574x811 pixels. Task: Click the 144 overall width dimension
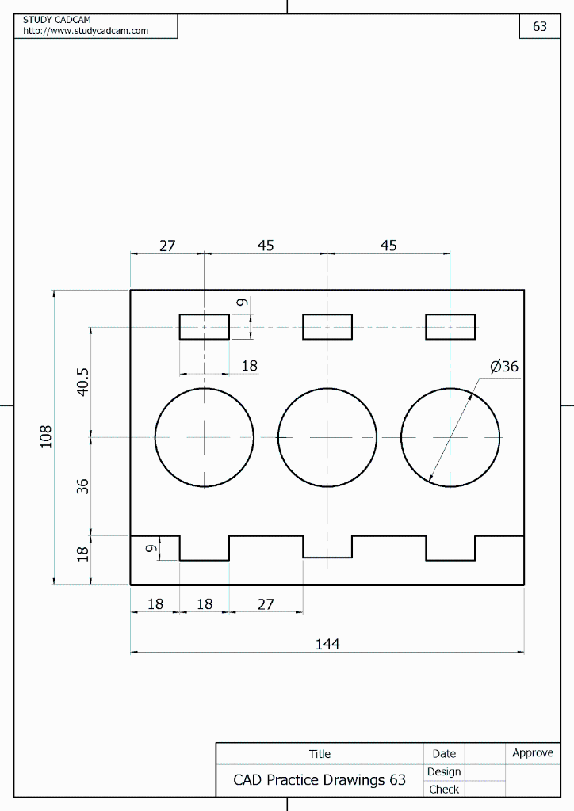pyautogui.click(x=327, y=644)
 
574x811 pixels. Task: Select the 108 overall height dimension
pyautogui.click(x=46, y=436)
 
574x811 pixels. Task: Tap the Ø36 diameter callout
pyautogui.click(x=504, y=367)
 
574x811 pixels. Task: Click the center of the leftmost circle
pyautogui.click(x=205, y=437)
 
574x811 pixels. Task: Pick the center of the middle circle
pyautogui.click(x=327, y=437)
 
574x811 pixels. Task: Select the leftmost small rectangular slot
pyautogui.click(x=205, y=326)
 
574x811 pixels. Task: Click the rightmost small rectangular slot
pyautogui.click(x=450, y=326)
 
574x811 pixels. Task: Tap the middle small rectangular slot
pyautogui.click(x=327, y=326)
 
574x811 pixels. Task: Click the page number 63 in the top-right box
pyautogui.click(x=540, y=26)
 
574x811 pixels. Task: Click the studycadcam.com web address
pyautogui.click(x=86, y=31)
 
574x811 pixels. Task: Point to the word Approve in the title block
pyautogui.click(x=533, y=752)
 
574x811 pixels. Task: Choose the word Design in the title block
pyautogui.click(x=444, y=771)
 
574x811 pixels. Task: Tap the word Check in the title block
pyautogui.click(x=444, y=789)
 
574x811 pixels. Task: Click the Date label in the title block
pyautogui.click(x=444, y=753)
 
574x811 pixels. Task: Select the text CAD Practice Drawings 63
pyautogui.click(x=320, y=780)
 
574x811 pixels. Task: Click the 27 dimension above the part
pyautogui.click(x=167, y=246)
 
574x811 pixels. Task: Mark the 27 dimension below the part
pyautogui.click(x=266, y=603)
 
